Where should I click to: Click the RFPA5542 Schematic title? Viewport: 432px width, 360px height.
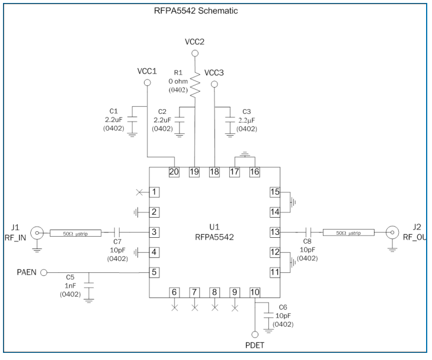click(187, 10)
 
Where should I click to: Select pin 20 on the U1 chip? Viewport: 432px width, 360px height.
click(174, 172)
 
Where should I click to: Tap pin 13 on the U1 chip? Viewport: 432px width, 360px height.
click(274, 232)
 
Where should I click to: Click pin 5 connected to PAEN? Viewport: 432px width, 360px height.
click(154, 272)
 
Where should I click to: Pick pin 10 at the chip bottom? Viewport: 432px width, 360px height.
click(254, 292)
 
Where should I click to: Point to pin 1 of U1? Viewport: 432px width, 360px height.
click(154, 192)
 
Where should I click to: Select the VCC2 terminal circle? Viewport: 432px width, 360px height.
click(194, 53)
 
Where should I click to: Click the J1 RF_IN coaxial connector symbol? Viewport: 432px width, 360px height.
click(37, 232)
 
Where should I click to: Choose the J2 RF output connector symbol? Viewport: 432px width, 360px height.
click(392, 232)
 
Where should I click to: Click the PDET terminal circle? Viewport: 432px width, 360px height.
click(255, 334)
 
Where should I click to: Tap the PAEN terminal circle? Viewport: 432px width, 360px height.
click(44, 273)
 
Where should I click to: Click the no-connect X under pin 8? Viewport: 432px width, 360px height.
click(215, 307)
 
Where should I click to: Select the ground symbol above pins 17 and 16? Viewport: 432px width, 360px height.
click(244, 155)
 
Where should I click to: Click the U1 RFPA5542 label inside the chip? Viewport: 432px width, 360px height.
click(214, 232)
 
